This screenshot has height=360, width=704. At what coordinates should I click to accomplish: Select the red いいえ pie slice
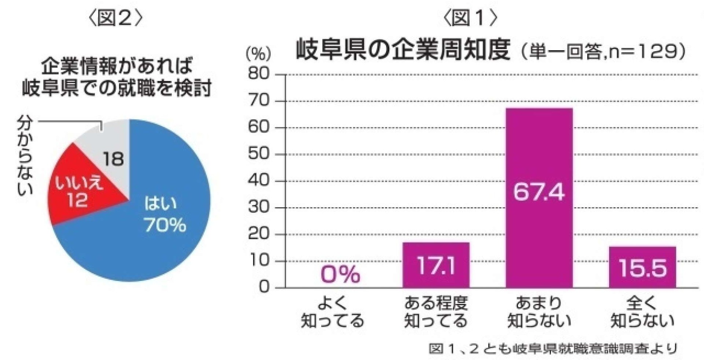click(79, 190)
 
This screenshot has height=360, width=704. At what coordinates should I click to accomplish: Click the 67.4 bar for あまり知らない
click(539, 198)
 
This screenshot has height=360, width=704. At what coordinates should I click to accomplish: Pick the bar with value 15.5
click(642, 267)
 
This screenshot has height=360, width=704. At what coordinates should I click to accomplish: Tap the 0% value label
click(340, 274)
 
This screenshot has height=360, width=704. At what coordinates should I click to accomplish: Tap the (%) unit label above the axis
click(259, 54)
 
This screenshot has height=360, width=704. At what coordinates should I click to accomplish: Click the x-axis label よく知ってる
click(333, 312)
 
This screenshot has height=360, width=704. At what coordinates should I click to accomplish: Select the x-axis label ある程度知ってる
click(436, 312)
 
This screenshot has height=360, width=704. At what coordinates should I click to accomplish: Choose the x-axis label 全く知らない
click(642, 312)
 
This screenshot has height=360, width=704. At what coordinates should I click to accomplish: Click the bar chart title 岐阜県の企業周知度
click(403, 49)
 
